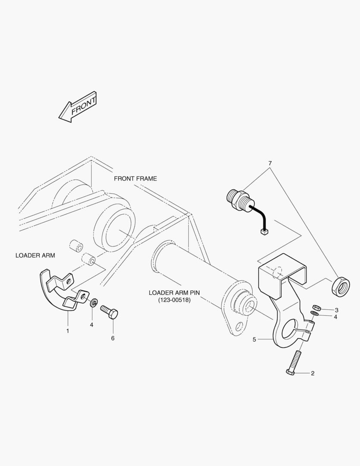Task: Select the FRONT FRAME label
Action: [x=135, y=178]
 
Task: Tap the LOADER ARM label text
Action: [x=35, y=255]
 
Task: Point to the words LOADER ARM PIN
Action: [x=174, y=293]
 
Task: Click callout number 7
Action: [x=270, y=164]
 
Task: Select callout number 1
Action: [x=67, y=331]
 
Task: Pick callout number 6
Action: [x=113, y=338]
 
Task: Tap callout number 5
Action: [x=254, y=340]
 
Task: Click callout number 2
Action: [x=313, y=373]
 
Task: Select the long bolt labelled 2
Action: [x=294, y=363]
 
